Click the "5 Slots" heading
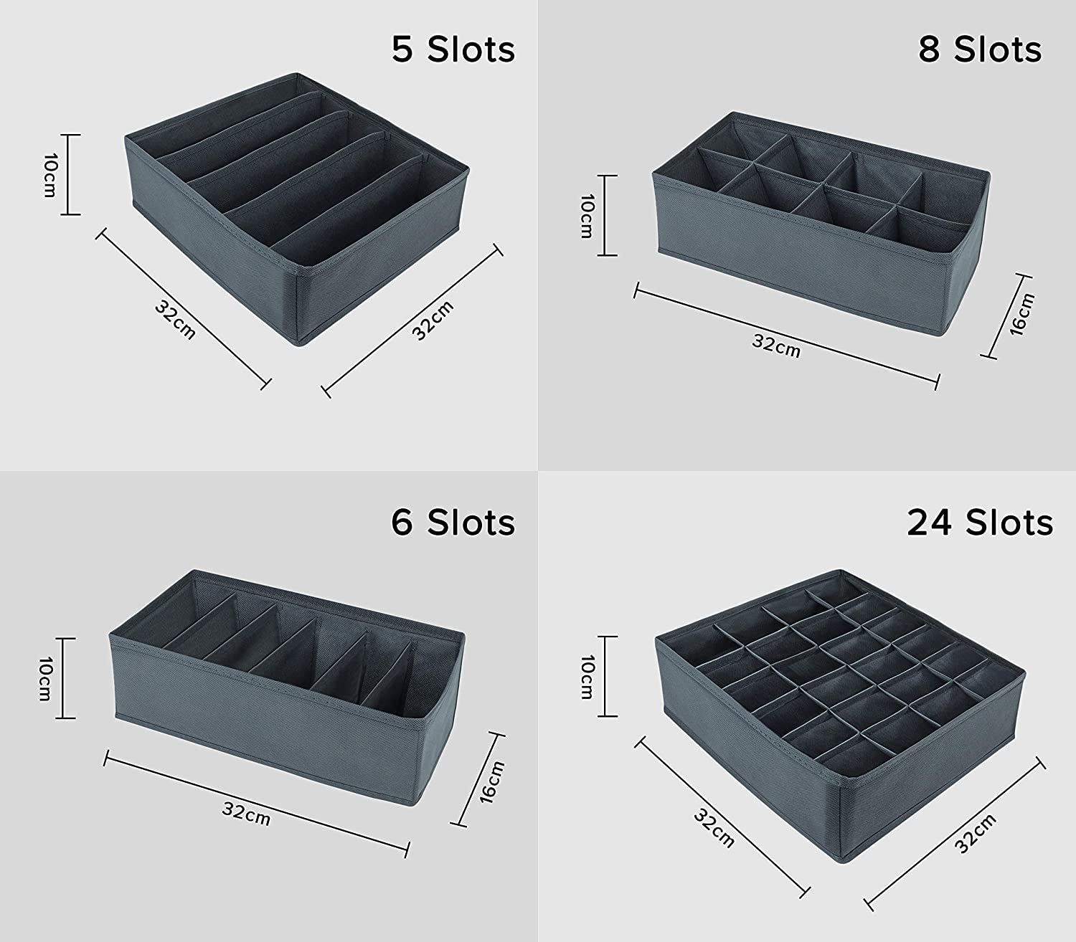tap(453, 50)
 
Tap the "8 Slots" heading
tap(980, 50)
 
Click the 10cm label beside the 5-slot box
tap(50, 175)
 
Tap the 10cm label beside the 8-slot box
tap(587, 216)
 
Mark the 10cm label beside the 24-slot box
tap(587, 677)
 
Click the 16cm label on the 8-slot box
tap(1022, 314)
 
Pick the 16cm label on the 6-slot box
tap(491, 781)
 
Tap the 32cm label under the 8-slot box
tap(776, 346)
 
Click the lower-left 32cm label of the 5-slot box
tap(175, 320)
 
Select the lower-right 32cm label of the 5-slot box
tap(433, 320)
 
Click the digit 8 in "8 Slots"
tap(930, 50)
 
